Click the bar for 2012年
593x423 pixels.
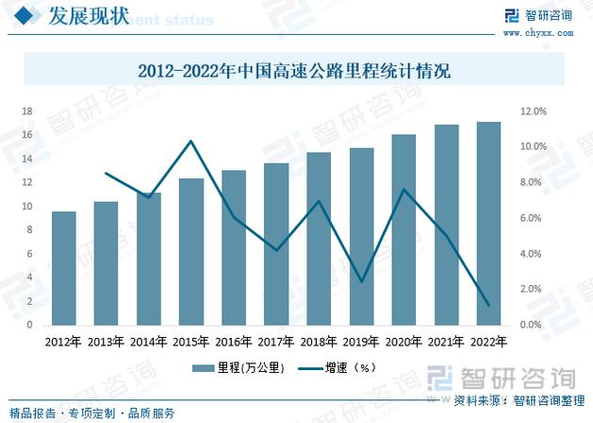tap(63, 268)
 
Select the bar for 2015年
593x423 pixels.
tap(191, 251)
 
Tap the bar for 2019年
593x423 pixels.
tap(362, 236)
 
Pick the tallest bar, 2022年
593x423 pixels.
tap(489, 223)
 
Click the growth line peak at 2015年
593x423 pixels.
tap(191, 141)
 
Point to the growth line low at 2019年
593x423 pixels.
tap(362, 281)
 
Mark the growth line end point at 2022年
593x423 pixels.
tap(489, 305)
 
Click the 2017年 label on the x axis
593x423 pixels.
tap(276, 342)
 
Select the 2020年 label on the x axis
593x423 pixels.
tap(404, 342)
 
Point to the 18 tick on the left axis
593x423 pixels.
tap(27, 111)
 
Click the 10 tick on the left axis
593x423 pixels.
tap(27, 207)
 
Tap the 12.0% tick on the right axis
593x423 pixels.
tap(534, 111)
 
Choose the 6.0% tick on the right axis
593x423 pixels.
tap(534, 218)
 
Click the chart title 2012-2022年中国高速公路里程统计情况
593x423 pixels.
tap(295, 70)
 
